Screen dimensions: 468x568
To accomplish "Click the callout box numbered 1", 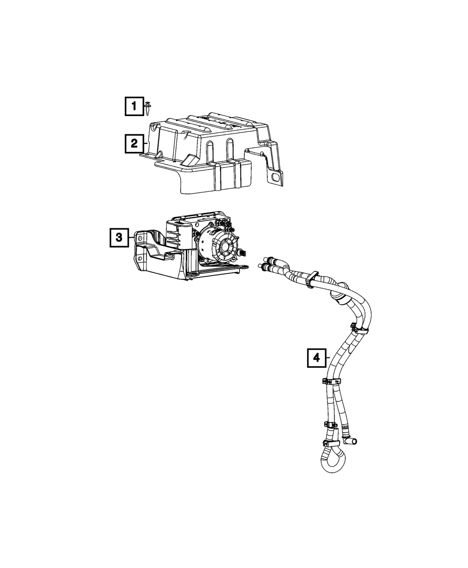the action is (x=134, y=106).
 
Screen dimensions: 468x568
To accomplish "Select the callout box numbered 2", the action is (x=134, y=144).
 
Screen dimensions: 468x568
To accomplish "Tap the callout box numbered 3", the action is (x=119, y=238).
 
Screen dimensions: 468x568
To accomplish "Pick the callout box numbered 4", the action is (x=316, y=358).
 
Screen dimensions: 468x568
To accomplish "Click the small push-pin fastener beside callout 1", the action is (x=148, y=108).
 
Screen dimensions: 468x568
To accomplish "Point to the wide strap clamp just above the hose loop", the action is (x=330, y=441).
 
